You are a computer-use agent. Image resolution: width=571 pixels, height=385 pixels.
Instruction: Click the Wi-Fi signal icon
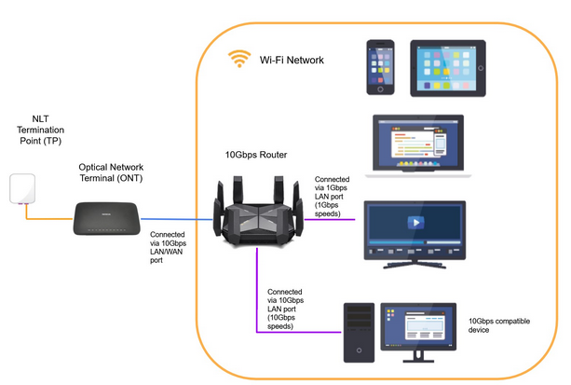pyautogui.click(x=239, y=60)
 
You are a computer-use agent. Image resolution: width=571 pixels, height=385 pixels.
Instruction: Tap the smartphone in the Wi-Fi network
pyautogui.click(x=382, y=67)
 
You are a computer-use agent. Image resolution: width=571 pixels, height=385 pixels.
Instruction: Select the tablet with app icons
pyautogui.click(x=447, y=67)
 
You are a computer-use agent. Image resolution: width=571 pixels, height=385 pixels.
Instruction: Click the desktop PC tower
pyautogui.click(x=360, y=331)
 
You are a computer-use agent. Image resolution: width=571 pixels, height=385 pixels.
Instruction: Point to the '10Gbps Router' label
pyautogui.click(x=257, y=155)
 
